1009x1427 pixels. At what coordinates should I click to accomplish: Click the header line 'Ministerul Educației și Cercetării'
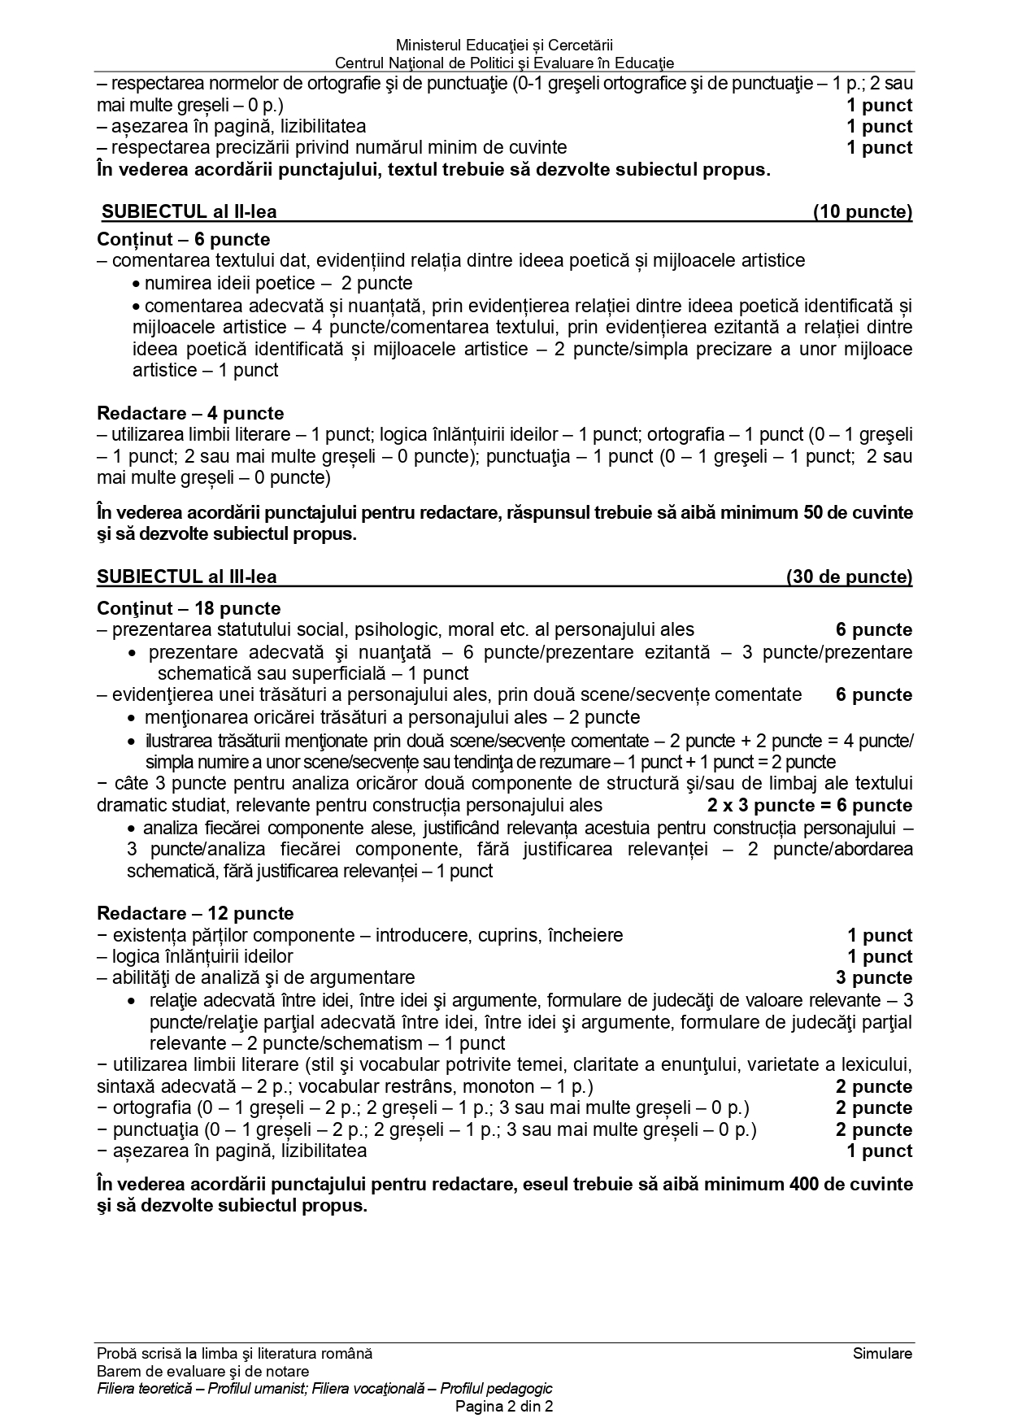504,46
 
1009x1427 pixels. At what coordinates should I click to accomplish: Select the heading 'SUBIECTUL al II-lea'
189,212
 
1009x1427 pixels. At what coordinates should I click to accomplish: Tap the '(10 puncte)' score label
862,212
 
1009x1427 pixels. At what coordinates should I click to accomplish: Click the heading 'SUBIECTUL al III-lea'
187,577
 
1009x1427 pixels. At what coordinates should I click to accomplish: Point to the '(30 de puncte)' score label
849,577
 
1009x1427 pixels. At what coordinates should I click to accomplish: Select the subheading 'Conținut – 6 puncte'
183,240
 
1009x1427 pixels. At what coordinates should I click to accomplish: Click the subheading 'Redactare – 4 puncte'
190,413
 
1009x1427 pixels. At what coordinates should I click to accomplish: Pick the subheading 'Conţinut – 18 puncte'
189,608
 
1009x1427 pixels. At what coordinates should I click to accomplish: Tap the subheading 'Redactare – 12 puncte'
195,913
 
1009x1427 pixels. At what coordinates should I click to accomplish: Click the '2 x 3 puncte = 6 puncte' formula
810,806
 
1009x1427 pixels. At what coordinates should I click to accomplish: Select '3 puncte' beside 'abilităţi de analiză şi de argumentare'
874,978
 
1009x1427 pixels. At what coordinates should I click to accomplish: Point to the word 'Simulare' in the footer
882,1354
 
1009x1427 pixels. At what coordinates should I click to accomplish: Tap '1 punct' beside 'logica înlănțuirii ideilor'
879,957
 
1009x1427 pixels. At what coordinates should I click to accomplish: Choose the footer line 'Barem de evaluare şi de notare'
202,1372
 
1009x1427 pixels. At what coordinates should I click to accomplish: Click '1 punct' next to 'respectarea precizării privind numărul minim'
879,148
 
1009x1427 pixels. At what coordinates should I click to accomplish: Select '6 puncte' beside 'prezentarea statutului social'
874,630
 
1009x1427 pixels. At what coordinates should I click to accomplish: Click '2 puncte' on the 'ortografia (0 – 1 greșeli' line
874,1108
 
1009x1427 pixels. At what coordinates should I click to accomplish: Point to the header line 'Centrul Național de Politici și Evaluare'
504,63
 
